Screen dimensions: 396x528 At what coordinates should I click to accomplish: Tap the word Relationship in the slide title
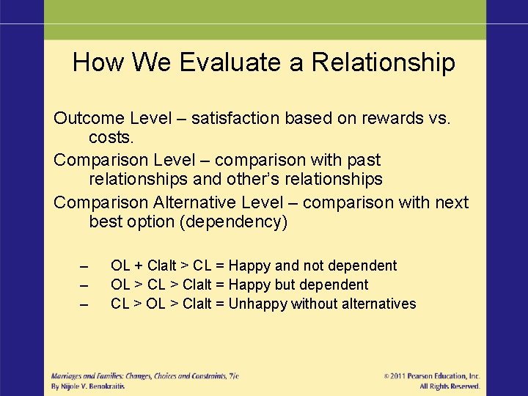[x=383, y=62]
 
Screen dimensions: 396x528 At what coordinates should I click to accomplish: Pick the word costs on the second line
[x=111, y=138]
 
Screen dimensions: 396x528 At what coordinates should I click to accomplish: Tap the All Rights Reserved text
[x=450, y=386]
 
